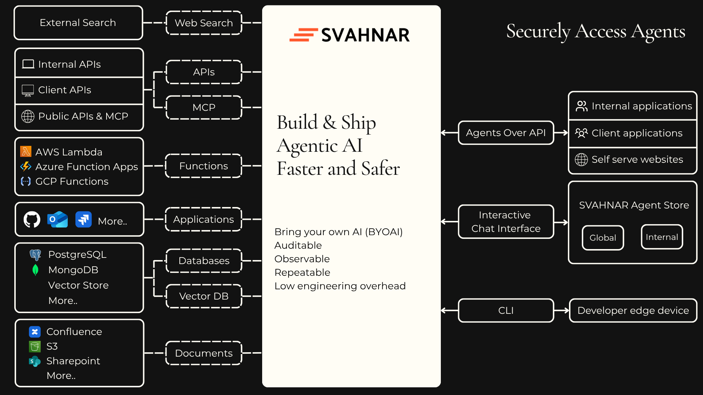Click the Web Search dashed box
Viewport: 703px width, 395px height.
(204, 23)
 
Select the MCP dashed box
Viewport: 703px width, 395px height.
(204, 108)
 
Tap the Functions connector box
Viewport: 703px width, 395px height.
(204, 166)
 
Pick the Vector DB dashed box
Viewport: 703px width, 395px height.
(204, 296)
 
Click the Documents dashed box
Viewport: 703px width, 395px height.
(204, 353)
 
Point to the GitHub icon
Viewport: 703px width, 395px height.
(32, 219)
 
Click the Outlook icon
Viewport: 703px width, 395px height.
(57, 219)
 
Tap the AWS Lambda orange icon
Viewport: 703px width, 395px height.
(26, 151)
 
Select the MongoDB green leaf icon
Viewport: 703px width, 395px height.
(36, 270)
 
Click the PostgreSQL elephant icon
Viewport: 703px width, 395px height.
(36, 255)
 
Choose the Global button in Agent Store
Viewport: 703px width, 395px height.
(603, 238)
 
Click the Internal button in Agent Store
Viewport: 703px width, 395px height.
(662, 237)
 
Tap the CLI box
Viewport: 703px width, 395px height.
(506, 311)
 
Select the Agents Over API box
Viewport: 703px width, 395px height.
(506, 133)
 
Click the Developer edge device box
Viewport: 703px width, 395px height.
(633, 311)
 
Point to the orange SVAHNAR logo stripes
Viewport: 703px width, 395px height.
(303, 35)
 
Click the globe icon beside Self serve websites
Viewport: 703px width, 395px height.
(581, 159)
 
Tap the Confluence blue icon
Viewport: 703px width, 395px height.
(35, 332)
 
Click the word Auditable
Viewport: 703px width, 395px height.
(298, 245)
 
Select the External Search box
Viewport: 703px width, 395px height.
(78, 23)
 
